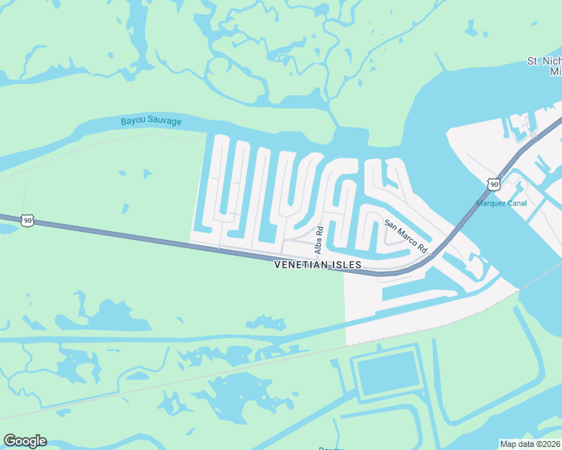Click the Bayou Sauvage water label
151,121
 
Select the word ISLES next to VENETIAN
347,265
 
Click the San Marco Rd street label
406,235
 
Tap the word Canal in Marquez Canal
518,202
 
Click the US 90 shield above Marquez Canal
493,184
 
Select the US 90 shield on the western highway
27,220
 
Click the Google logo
25,441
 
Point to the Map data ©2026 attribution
530,444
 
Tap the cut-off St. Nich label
544,61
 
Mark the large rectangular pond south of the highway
388,373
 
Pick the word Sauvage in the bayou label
165,121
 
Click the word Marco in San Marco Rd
407,236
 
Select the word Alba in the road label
319,243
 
